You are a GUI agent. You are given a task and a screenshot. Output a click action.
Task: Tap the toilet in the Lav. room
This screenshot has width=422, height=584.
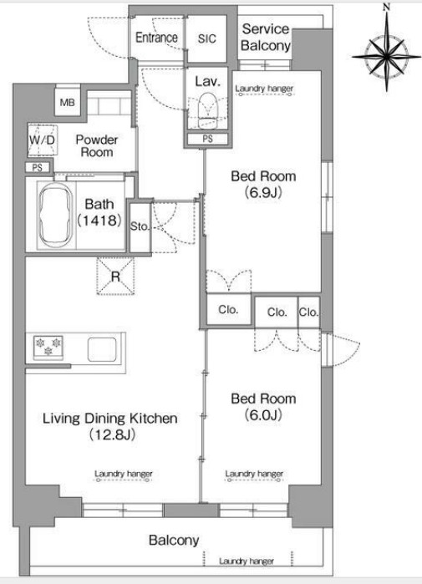207,110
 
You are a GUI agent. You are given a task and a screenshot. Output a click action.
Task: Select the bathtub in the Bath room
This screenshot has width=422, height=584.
56,216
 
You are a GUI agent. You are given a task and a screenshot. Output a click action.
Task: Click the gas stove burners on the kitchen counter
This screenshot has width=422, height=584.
48,347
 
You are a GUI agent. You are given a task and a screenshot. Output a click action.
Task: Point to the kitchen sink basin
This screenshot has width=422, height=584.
102,349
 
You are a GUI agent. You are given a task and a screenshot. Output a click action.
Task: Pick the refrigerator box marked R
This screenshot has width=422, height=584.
115,276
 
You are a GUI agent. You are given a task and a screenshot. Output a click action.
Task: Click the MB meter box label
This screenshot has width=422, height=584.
67,103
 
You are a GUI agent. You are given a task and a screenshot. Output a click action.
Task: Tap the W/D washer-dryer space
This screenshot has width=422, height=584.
43,140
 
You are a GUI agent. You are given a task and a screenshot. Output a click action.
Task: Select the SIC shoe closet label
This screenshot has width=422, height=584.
206,38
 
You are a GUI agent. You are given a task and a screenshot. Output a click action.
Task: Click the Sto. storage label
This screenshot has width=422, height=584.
140,226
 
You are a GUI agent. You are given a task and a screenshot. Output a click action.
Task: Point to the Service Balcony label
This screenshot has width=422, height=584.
265,38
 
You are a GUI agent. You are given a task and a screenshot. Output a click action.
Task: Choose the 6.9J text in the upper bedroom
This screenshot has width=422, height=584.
263,192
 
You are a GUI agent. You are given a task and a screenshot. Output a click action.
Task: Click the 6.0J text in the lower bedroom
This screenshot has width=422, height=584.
263,414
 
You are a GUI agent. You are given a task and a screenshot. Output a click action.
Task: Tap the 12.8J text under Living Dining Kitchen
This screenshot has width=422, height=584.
112,434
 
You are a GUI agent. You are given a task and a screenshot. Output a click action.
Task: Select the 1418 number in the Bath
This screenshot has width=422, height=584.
99,220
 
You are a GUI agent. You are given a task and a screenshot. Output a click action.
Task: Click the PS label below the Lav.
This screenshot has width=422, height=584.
208,139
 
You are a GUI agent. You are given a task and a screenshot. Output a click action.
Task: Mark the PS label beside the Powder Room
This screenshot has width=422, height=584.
38,168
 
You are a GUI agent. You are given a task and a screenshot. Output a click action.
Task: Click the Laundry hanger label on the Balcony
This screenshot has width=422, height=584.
247,561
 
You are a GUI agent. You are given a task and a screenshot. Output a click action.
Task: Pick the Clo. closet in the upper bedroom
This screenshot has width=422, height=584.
228,309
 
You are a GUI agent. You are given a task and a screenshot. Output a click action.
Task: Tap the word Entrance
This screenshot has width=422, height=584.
156,38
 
